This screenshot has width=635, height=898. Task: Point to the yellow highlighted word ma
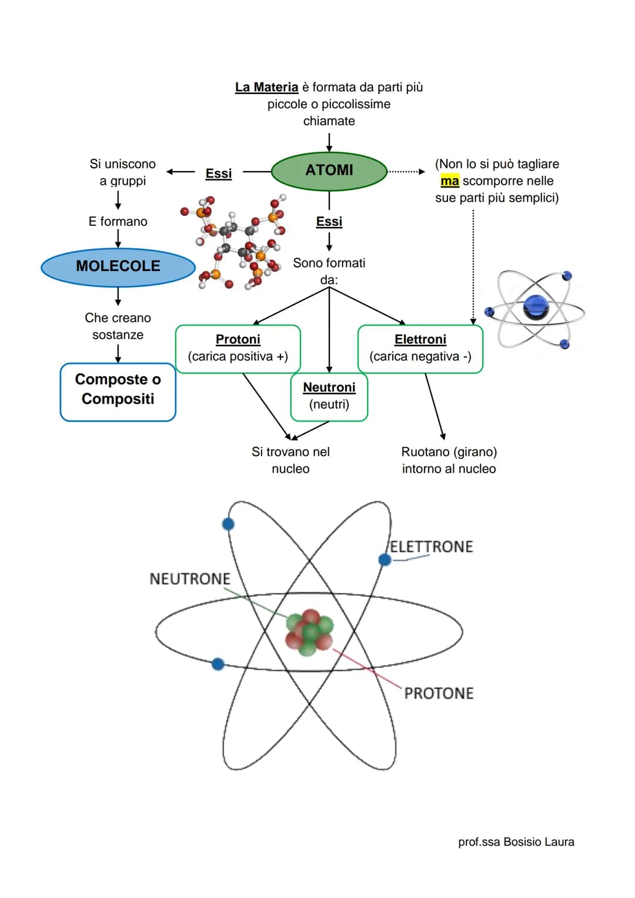coord(449,181)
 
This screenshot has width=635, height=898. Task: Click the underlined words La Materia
coord(266,87)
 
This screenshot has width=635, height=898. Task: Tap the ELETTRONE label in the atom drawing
coord(432,546)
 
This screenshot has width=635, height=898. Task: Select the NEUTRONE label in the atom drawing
coord(190,579)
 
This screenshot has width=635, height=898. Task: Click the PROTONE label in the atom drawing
coord(439,693)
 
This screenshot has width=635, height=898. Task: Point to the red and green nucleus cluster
coord(309,632)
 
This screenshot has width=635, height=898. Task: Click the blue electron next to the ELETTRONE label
coord(385,560)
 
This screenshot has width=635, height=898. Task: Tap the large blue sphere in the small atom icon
coord(536,308)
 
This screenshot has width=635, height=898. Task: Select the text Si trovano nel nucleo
coord(290,460)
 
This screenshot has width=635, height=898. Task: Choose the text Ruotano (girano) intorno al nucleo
coord(449,460)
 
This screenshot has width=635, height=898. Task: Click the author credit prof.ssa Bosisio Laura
coord(516,842)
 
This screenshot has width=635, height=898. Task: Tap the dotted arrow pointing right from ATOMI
coord(406,172)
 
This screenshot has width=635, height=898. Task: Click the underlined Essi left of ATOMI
coord(219,173)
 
